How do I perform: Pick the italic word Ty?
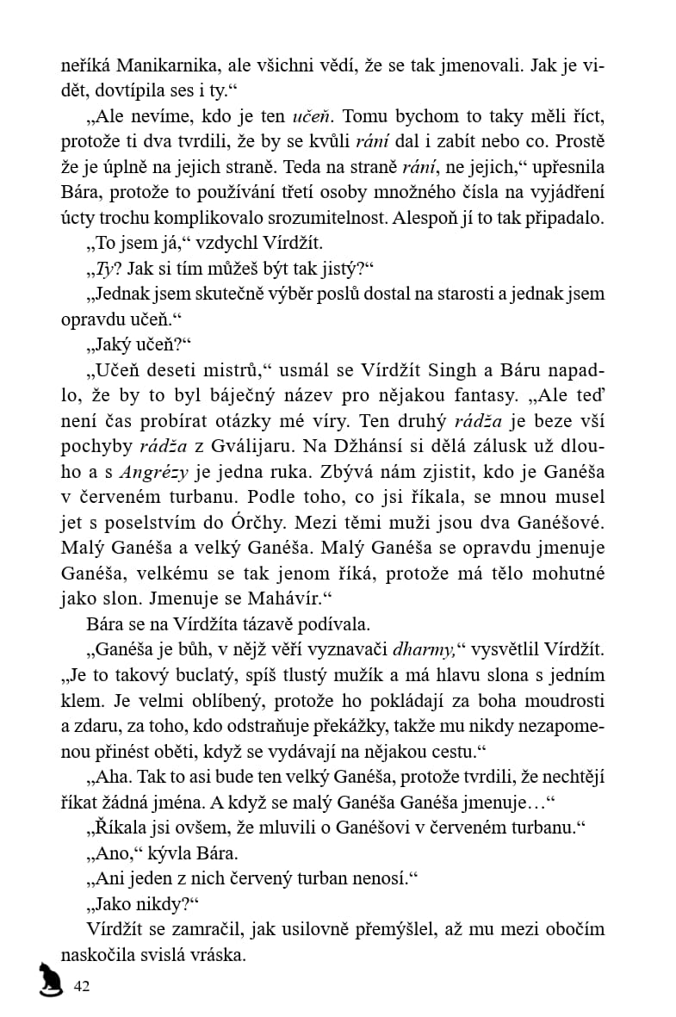tap(105, 269)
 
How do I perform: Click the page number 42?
tap(83, 986)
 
